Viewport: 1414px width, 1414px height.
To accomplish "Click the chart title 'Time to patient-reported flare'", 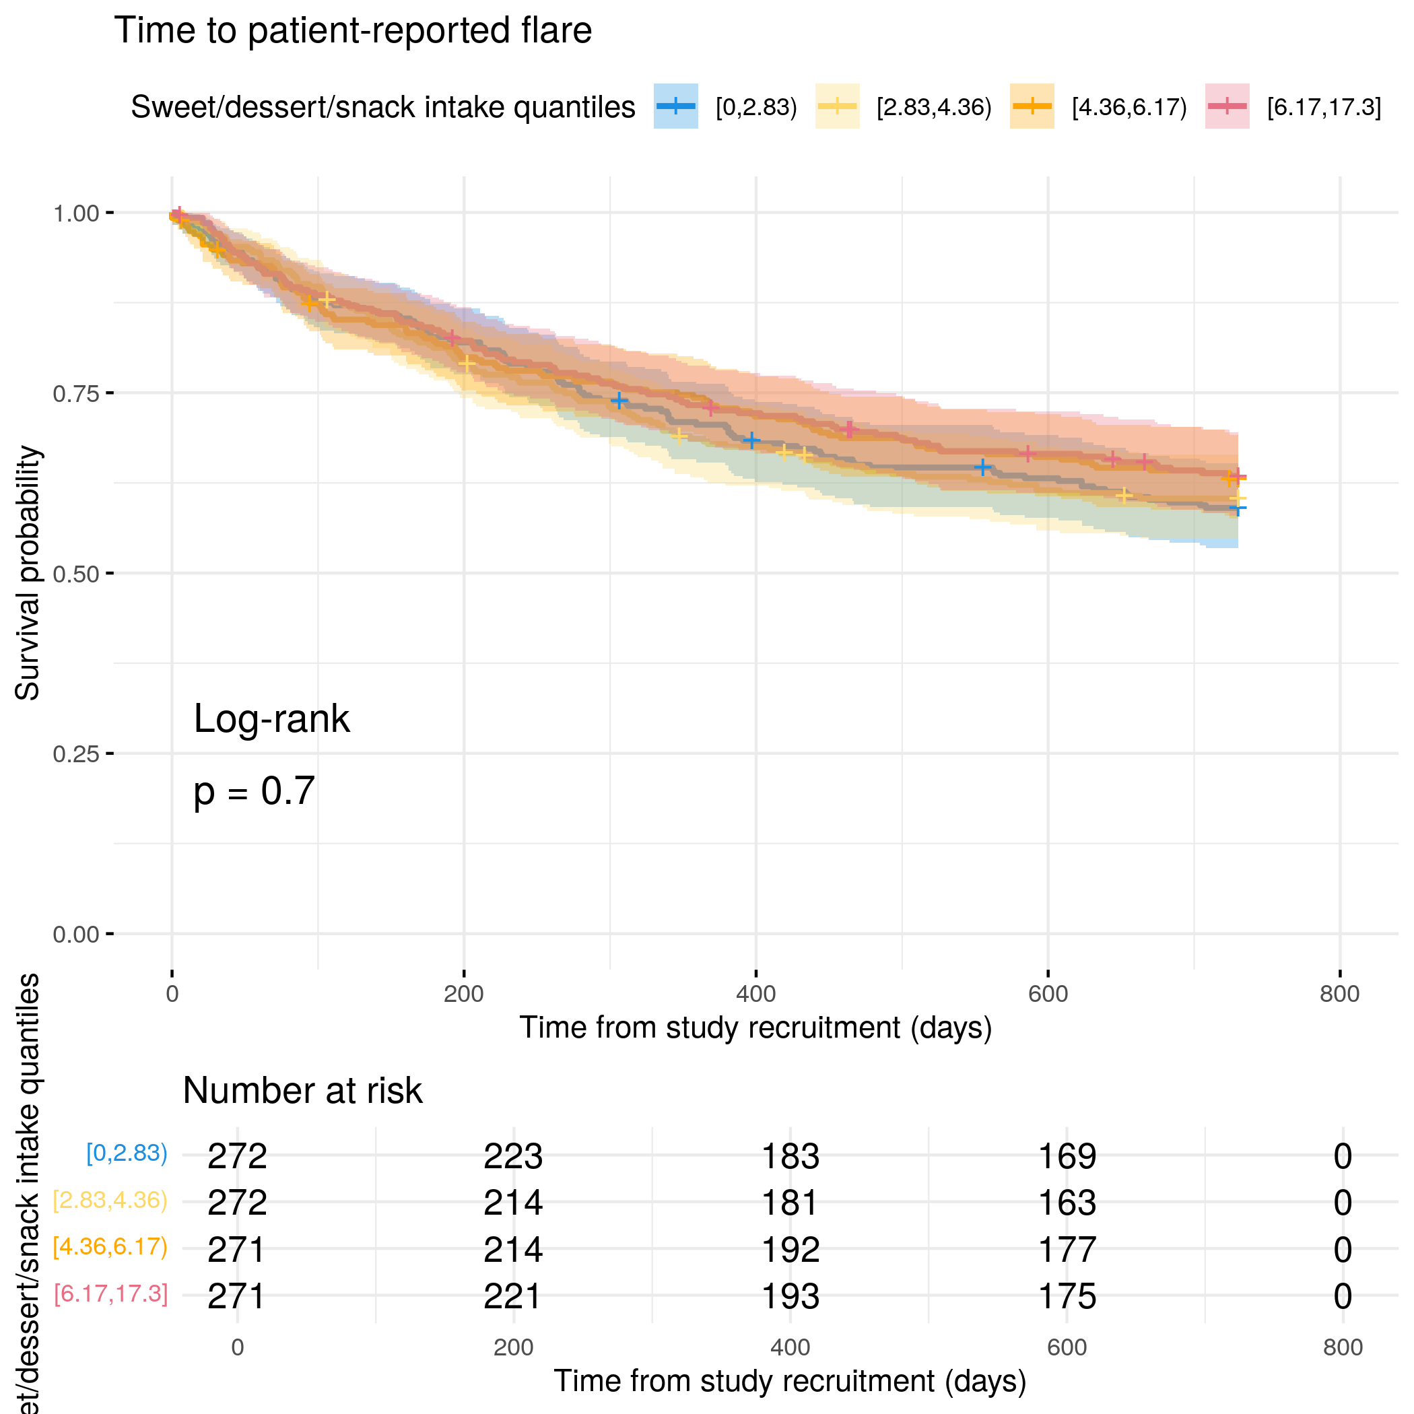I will (x=353, y=31).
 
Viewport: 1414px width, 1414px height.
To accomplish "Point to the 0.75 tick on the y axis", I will (x=110, y=393).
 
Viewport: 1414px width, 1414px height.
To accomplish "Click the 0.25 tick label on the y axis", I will (x=75, y=754).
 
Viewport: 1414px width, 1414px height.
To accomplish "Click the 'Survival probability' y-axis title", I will (x=28, y=573).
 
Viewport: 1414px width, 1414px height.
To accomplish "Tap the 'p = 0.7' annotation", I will (x=254, y=791).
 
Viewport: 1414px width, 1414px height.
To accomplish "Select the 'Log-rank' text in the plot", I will (x=271, y=718).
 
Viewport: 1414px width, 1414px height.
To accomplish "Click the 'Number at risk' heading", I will (x=302, y=1091).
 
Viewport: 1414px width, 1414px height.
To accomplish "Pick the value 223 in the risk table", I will (x=513, y=1157).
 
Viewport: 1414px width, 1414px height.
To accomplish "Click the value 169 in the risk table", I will (x=1067, y=1157).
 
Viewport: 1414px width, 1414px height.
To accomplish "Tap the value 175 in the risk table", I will (x=1067, y=1297).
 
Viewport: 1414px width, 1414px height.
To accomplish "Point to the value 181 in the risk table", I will (x=790, y=1203).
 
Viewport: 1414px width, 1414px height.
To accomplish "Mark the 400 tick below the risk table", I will (x=790, y=1347).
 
